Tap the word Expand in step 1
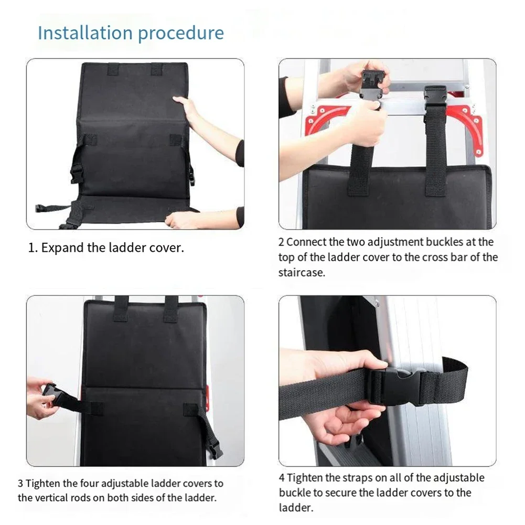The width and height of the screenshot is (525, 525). tap(62, 248)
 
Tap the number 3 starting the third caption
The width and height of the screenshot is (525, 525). tap(20, 484)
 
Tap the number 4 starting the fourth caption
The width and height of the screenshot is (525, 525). tap(282, 478)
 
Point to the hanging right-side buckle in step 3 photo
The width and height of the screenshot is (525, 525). tap(214, 447)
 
